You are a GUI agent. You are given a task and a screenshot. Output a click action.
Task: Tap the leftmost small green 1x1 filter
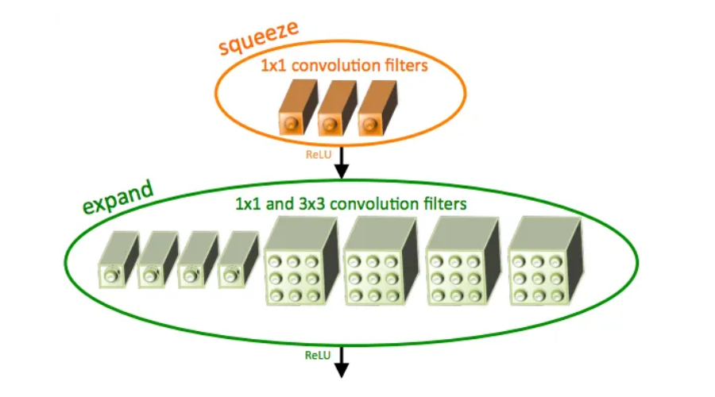[114, 261]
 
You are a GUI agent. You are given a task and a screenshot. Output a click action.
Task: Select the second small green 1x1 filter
[154, 261]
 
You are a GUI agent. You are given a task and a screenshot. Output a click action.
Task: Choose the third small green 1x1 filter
[194, 261]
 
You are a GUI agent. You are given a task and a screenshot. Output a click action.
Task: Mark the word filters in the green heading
[443, 204]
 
